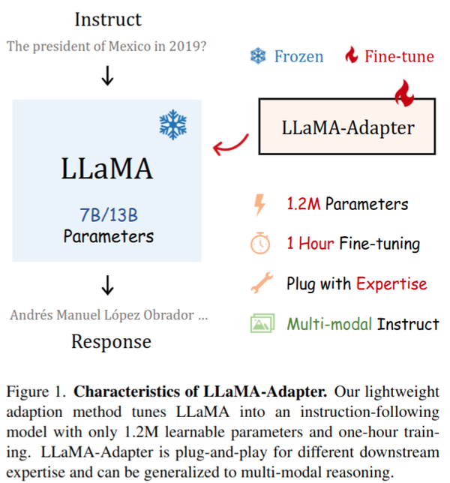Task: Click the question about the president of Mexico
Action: [107, 46]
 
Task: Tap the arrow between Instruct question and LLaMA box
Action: [107, 76]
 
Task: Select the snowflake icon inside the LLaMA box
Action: [172, 124]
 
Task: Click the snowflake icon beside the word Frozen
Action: [258, 56]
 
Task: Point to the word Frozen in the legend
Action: [298, 56]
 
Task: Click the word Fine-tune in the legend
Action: [398, 56]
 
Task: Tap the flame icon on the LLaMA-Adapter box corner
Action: [406, 94]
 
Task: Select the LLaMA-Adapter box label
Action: [348, 127]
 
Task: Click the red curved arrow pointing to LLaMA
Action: [230, 144]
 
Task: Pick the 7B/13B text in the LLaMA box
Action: [109, 215]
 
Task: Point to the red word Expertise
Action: [391, 284]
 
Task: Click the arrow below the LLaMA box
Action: [107, 285]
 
